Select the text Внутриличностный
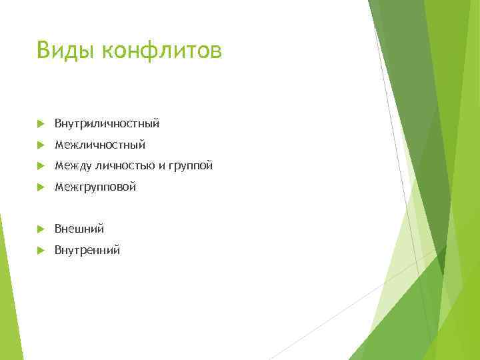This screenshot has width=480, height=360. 107,124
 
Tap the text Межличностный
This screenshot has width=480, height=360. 99,145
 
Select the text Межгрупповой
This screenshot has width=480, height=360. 95,187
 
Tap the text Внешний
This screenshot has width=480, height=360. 79,229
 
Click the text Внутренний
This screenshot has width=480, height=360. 87,251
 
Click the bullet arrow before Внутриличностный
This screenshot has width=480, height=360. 41,124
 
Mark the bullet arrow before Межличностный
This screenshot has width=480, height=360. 41,145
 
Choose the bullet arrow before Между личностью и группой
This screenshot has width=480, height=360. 41,166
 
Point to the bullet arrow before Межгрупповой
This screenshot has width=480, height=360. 41,187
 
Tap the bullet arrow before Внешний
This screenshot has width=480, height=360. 41,229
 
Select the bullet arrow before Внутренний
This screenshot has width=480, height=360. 41,251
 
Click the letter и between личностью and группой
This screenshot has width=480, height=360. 161,167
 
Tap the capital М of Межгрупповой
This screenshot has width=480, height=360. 59,187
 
